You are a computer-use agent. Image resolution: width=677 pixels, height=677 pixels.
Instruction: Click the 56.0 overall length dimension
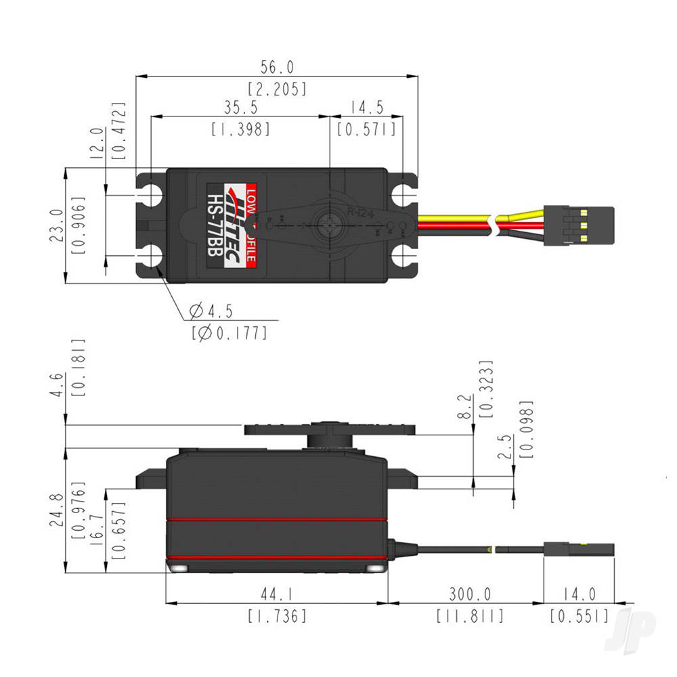pyautogui.click(x=277, y=66)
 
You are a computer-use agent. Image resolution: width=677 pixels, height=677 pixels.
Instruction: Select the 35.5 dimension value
pyautogui.click(x=240, y=108)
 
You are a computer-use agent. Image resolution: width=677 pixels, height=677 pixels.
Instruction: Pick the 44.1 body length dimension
pyautogui.click(x=277, y=594)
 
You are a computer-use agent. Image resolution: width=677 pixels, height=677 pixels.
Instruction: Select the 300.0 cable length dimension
pyautogui.click(x=470, y=594)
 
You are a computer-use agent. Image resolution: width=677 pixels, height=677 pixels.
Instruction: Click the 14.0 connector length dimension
pyautogui.click(x=579, y=594)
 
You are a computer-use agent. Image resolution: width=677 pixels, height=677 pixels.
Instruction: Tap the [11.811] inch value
pyautogui.click(x=470, y=616)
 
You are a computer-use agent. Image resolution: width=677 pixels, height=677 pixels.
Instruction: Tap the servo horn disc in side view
pyautogui.click(x=330, y=429)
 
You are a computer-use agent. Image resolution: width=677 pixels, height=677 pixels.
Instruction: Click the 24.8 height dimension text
pyautogui.click(x=58, y=510)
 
